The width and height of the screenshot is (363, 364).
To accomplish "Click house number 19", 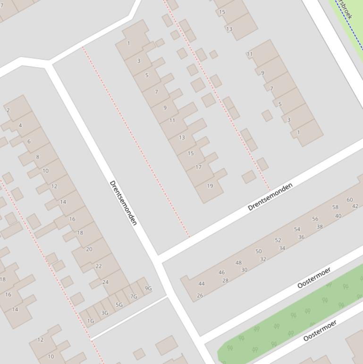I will coord(210,186).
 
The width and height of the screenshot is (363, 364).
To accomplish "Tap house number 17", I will coord(198,167).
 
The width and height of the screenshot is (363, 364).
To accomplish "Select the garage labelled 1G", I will coord(90,321).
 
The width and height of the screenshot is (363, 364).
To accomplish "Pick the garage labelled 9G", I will coord(148,288).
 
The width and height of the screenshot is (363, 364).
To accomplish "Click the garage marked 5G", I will coord(119,305).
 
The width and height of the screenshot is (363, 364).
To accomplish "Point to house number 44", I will coord(202,284).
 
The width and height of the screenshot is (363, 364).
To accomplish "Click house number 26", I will coord(200,295).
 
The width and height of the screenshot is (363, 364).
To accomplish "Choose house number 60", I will coord(350,199).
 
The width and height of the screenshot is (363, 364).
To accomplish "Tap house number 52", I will coord(278,240).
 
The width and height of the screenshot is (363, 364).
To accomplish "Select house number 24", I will coord(105,282).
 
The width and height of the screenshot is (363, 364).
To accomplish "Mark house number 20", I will coord(89,249).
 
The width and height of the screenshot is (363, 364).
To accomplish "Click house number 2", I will coord(8,110).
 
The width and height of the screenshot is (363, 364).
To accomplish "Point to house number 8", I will coord(37,157).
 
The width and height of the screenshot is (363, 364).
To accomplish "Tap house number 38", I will coord(320,227).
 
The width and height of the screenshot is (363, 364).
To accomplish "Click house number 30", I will coord(244,270).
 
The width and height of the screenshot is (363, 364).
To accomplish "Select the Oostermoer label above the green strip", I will coord(314,277).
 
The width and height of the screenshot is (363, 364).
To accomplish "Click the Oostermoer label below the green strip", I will coord(320,330).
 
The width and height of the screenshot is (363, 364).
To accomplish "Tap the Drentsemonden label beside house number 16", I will coord(123,203).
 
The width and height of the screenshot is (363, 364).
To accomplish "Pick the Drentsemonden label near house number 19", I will coord(270,196).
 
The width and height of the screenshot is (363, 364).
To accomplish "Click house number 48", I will coord(238,263).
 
